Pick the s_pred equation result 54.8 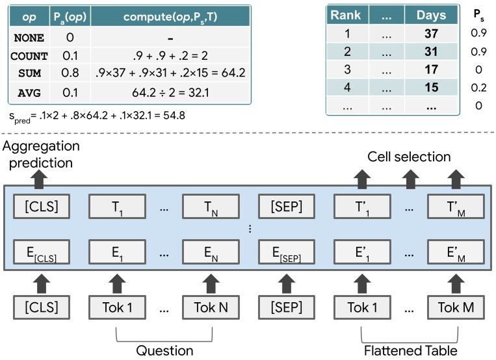pos(167,116)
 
